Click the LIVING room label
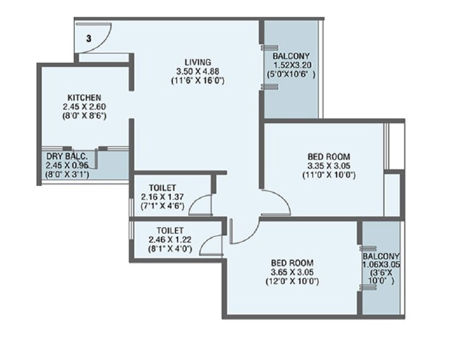[198, 61]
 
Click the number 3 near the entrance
[89, 39]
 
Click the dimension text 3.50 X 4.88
[198, 71]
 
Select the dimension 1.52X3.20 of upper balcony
[292, 65]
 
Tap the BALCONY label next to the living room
[292, 56]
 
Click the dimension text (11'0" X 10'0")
[329, 174]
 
